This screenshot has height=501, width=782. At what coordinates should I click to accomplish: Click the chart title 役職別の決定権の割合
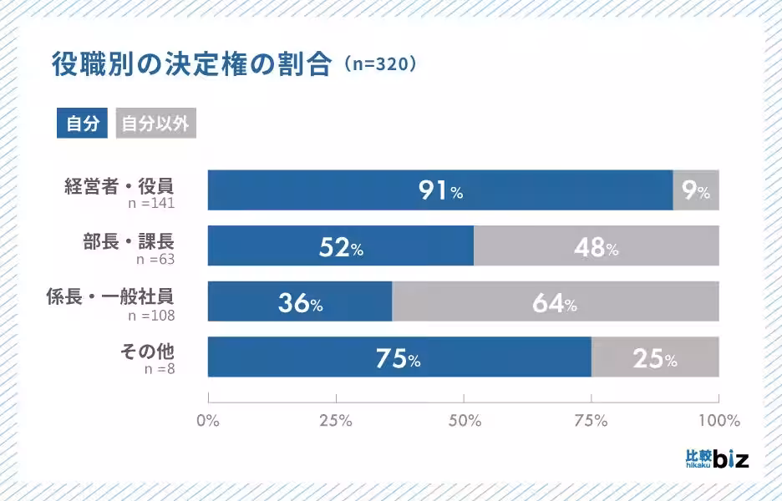tap(191, 65)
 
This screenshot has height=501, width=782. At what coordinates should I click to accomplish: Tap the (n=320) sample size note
tap(378, 65)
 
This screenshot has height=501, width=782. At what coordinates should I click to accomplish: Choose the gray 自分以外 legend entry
tap(155, 124)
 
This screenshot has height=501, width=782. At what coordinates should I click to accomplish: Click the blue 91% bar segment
tap(440, 190)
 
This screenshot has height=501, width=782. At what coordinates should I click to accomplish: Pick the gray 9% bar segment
tap(696, 190)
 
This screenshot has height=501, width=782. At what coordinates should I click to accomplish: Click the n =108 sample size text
tap(151, 316)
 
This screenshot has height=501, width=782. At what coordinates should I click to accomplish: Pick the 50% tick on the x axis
tap(464, 420)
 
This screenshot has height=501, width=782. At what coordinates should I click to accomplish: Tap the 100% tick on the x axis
tap(719, 420)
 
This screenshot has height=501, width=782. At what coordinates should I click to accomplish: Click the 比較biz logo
tap(716, 458)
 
